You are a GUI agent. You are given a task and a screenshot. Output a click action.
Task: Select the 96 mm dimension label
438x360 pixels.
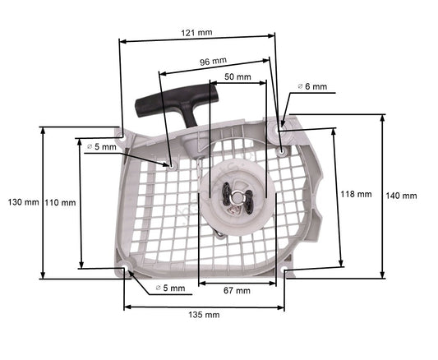(x=214, y=61)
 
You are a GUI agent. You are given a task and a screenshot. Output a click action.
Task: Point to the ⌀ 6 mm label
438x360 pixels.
(x=311, y=86)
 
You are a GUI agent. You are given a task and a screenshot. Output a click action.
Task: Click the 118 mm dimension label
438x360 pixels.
(x=355, y=194)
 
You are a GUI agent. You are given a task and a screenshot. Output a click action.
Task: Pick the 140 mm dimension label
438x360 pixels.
(x=401, y=196)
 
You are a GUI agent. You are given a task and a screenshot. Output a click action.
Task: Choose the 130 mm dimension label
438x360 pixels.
(x=22, y=201)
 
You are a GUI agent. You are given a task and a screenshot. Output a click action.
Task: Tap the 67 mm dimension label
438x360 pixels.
(x=237, y=290)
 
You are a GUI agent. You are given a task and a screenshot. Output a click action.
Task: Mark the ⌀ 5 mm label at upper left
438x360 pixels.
(x=101, y=146)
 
